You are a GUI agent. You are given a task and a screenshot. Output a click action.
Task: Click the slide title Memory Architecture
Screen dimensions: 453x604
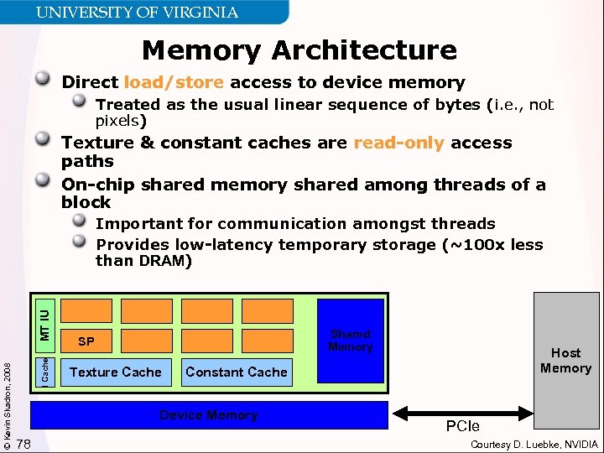[299, 50]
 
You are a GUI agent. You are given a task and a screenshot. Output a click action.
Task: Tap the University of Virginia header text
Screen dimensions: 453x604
[137, 13]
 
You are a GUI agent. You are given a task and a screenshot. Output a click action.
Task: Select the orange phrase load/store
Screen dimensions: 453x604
[174, 82]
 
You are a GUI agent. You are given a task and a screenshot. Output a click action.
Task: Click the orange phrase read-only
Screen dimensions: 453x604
[398, 143]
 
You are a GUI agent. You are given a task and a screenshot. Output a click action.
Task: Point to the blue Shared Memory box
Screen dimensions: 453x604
[351, 341]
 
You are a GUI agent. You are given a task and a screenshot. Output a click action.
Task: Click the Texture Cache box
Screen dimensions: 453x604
[116, 372]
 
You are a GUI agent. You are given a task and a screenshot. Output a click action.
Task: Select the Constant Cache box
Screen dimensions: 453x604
[237, 372]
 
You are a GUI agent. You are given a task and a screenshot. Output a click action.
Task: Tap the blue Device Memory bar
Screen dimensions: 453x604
[209, 415]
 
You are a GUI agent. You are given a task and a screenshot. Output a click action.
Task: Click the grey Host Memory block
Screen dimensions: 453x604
[566, 361]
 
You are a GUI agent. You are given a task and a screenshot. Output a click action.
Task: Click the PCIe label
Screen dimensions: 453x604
[463, 427]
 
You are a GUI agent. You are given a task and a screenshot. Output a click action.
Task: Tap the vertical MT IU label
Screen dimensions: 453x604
[46, 324]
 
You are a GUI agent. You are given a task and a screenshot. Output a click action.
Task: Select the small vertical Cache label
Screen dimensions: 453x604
[46, 370]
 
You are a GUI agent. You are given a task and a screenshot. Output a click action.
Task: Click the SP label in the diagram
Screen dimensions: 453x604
[86, 341]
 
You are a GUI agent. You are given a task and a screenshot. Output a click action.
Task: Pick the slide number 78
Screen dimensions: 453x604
[23, 443]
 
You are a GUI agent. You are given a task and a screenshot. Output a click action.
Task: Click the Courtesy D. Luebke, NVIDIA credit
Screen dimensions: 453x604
[535, 444]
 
